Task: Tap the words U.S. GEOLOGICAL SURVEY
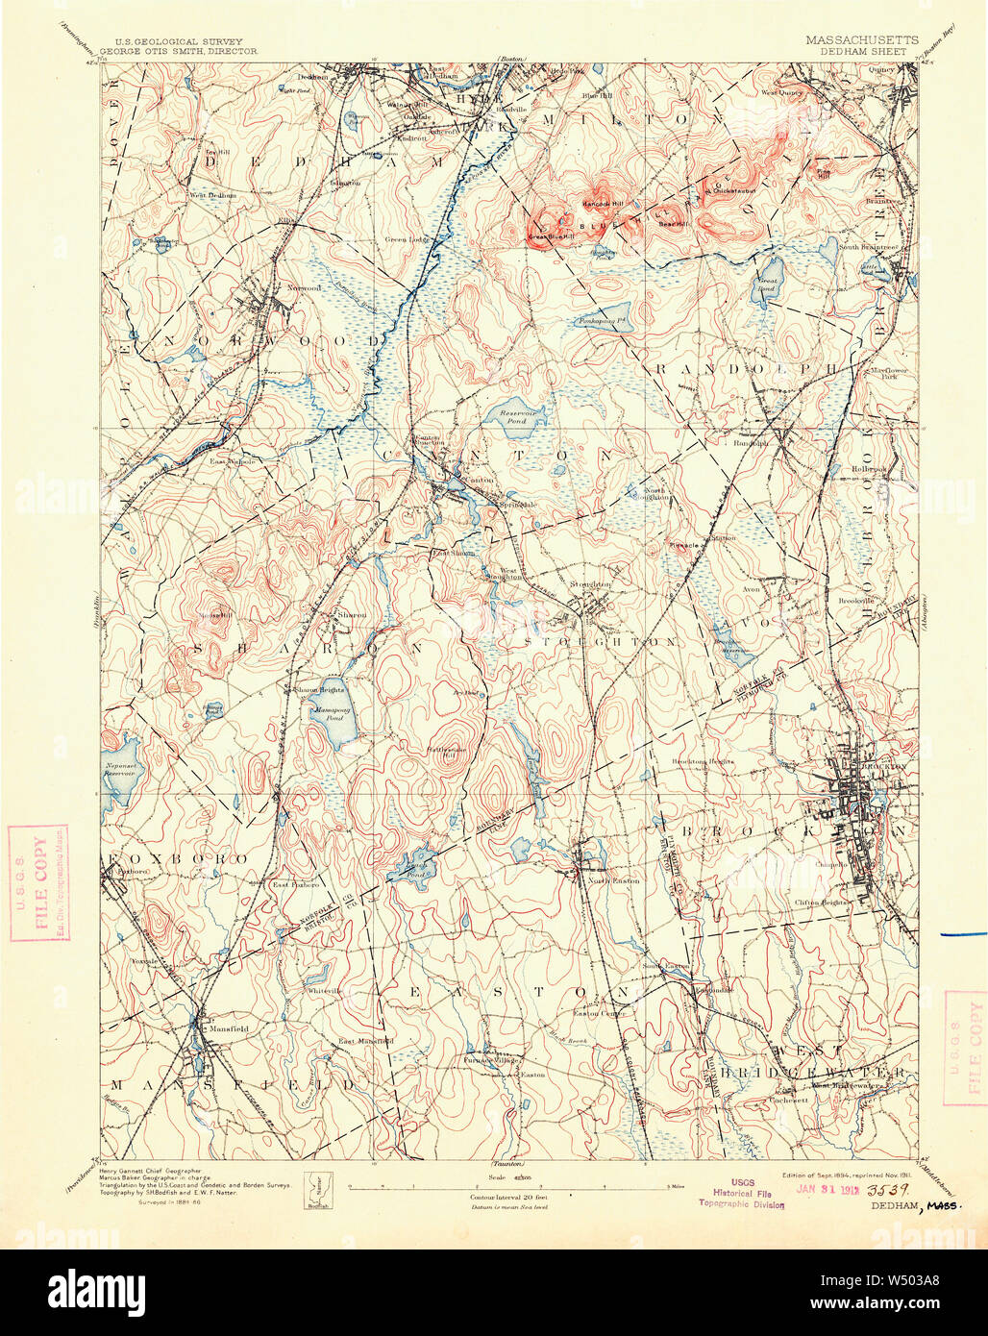pos(165,41)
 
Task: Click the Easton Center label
pos(600,1013)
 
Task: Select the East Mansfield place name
pos(365,1041)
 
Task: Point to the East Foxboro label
pos(293,884)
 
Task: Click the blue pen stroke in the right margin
pos(964,933)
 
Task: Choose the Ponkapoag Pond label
pos(603,320)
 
